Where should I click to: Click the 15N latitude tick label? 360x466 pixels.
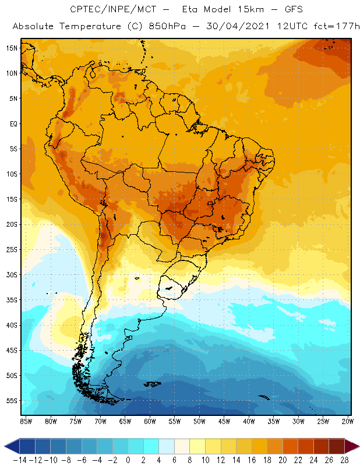click(x=12, y=48)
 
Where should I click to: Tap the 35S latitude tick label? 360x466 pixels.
click(x=12, y=299)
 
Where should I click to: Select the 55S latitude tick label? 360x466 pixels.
click(x=12, y=400)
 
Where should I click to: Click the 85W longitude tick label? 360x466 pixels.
click(x=26, y=421)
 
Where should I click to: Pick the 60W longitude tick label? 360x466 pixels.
click(x=150, y=421)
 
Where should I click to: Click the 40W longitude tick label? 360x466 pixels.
click(x=249, y=421)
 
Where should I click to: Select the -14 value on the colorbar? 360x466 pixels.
click(x=19, y=459)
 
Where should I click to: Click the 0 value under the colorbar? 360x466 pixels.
click(x=128, y=459)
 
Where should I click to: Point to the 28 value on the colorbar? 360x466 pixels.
click(x=344, y=459)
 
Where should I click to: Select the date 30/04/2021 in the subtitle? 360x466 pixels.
click(x=230, y=27)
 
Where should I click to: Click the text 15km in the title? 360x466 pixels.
click(x=237, y=9)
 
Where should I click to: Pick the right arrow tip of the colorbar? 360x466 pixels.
click(x=357, y=446)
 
